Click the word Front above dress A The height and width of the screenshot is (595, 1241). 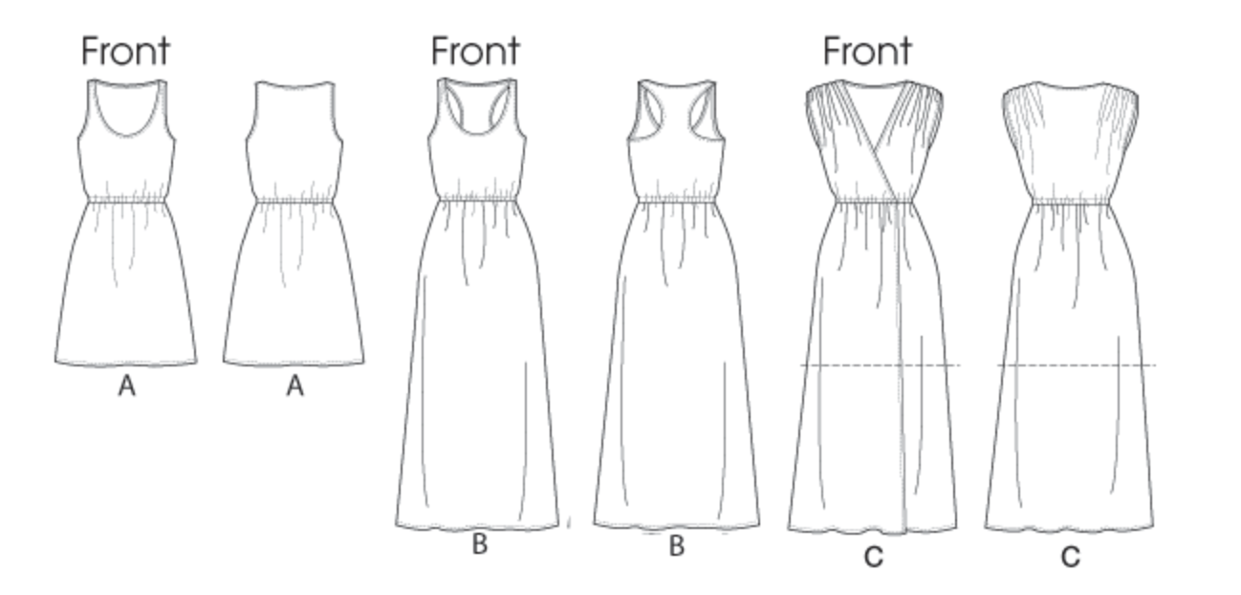(125, 51)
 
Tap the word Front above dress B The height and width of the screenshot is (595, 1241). (475, 51)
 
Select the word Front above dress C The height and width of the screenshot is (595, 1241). (867, 51)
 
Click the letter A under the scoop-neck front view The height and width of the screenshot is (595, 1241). (126, 386)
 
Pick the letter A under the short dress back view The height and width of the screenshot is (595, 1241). (294, 386)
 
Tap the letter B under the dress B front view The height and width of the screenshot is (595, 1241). (480, 545)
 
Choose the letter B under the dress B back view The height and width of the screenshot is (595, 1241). (677, 546)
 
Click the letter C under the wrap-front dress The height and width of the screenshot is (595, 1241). (873, 557)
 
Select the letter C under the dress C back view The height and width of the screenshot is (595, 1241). (1071, 557)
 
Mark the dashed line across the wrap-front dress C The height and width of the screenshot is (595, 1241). (880, 365)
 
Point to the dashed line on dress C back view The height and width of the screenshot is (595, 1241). (1077, 365)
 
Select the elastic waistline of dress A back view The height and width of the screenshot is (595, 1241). (294, 200)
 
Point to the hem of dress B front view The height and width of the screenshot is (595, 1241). (478, 527)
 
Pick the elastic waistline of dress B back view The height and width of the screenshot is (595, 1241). (677, 200)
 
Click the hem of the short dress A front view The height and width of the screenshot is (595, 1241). (126, 364)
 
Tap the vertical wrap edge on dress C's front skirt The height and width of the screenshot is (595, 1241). (902, 383)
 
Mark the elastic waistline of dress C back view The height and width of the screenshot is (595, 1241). (1069, 201)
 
